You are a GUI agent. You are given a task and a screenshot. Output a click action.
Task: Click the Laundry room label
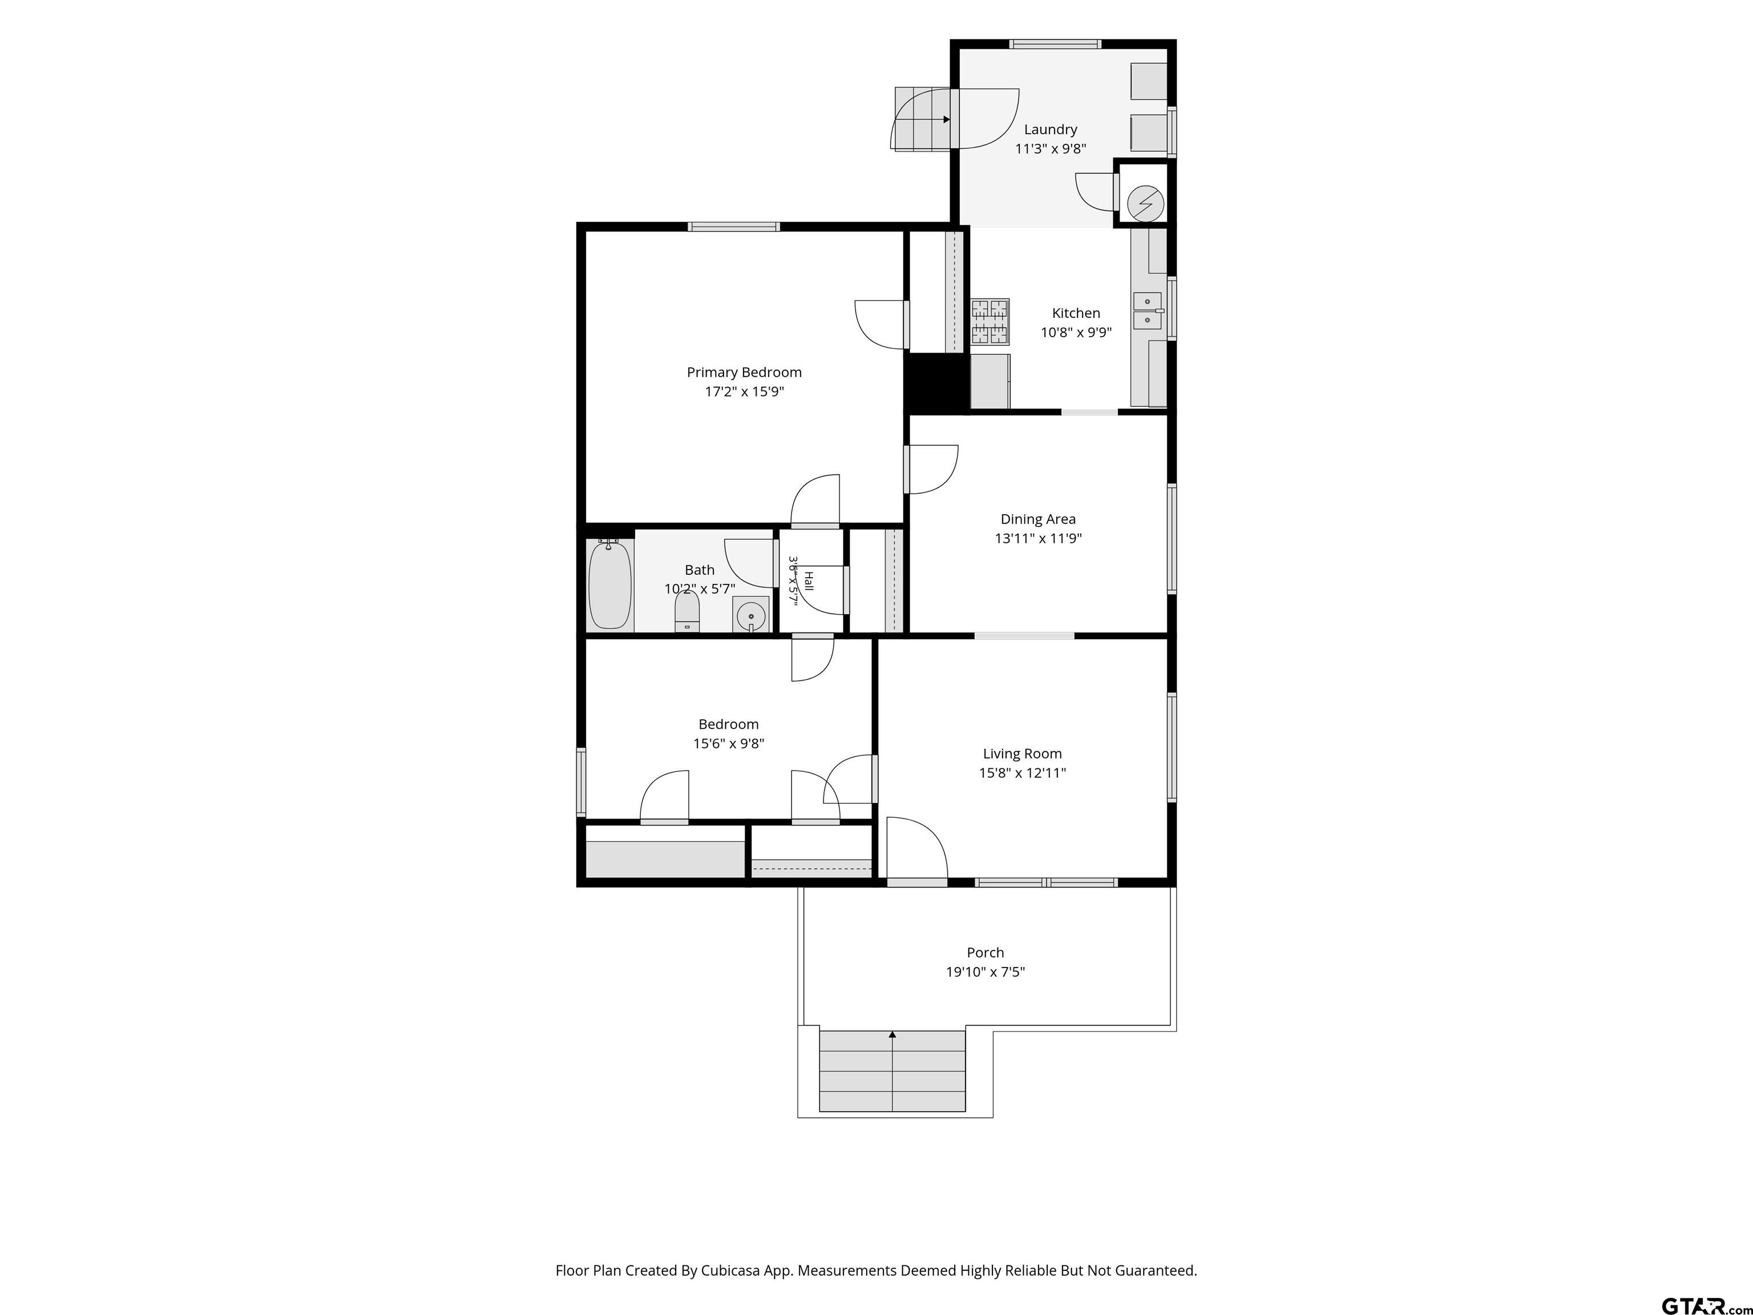(x=1050, y=129)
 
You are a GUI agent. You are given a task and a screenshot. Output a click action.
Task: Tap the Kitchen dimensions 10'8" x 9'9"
(x=1076, y=333)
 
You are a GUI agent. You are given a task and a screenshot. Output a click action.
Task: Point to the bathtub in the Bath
(x=610, y=584)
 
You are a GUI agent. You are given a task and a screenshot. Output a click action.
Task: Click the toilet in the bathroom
(x=687, y=612)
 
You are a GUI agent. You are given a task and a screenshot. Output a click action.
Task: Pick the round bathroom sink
(x=750, y=614)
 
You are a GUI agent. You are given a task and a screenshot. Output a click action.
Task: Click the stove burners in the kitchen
(x=991, y=322)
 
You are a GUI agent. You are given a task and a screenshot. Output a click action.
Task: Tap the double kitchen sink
(x=1148, y=310)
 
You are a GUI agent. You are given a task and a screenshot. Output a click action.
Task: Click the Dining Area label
(x=1038, y=519)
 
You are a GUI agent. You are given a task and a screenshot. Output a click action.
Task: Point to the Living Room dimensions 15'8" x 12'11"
(x=1023, y=773)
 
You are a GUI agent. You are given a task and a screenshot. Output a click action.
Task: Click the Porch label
(x=985, y=953)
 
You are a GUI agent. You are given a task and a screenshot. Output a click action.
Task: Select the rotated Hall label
(x=809, y=581)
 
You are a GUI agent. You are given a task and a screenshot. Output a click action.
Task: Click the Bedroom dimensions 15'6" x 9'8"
(x=728, y=744)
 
